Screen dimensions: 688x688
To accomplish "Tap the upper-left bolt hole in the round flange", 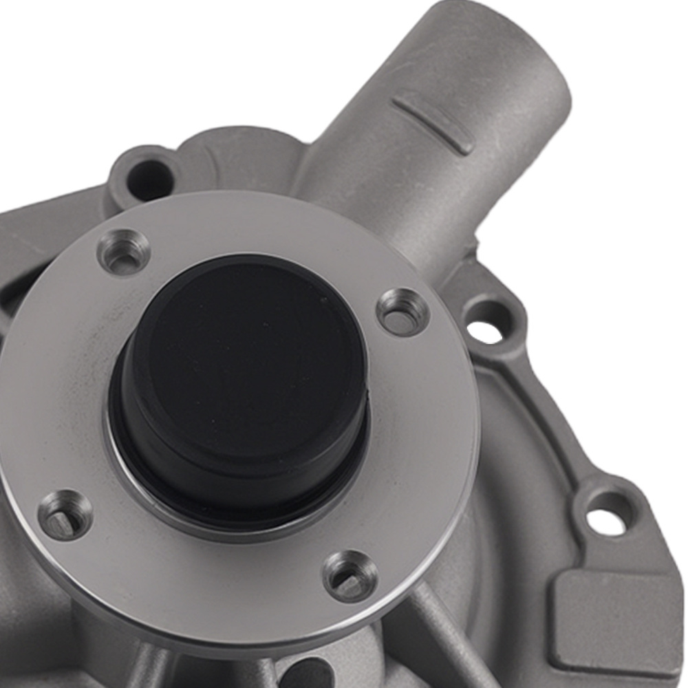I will [x=124, y=252].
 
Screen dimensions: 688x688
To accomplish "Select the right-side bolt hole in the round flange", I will [x=403, y=312].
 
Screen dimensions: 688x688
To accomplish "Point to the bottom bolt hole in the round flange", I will [x=350, y=577].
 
